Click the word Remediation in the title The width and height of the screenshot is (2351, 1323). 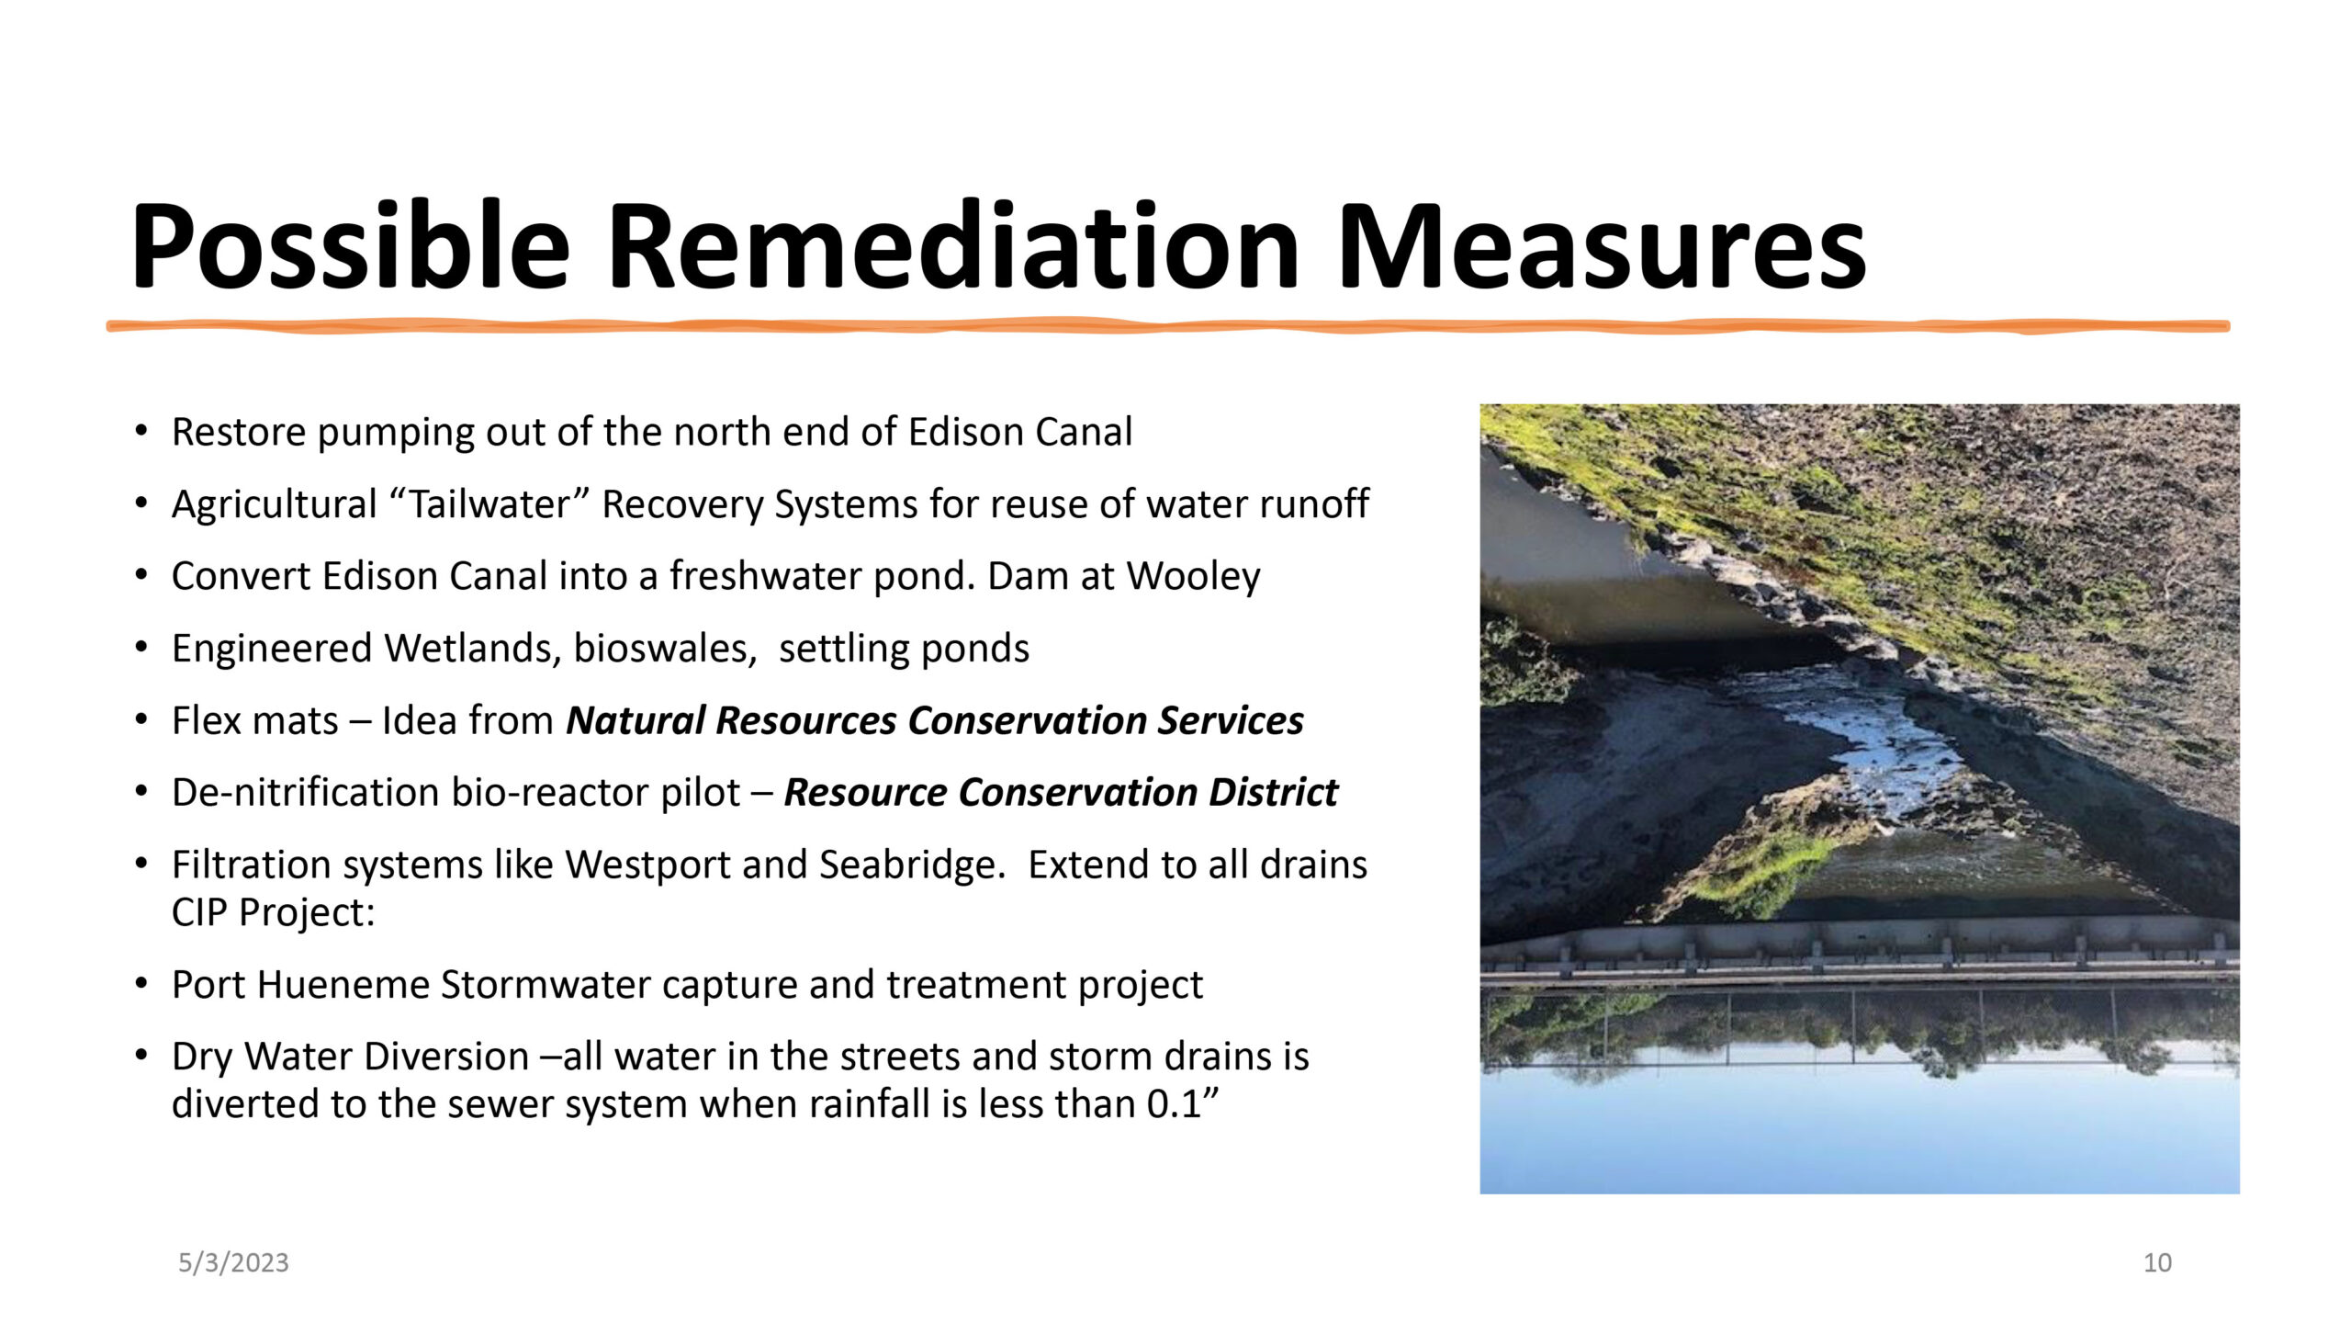click(x=953, y=246)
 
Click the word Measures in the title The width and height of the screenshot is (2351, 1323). click(x=1602, y=246)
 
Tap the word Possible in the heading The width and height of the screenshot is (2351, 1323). click(x=350, y=246)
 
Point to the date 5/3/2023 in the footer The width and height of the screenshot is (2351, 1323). click(x=233, y=1262)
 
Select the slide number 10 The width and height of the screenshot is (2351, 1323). click(x=2157, y=1262)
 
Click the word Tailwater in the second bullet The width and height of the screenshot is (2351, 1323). click(x=489, y=503)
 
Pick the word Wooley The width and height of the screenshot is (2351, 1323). click(x=1194, y=577)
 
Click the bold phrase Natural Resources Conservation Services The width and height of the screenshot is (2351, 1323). click(x=935, y=720)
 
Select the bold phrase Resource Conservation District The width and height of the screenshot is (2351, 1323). click(x=1061, y=792)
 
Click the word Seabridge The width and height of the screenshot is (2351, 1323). click(x=913, y=865)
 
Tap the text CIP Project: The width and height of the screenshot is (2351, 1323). click(x=274, y=912)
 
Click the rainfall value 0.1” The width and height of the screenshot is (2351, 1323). click(x=1183, y=1103)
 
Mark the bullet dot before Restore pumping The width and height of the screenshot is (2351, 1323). click(x=141, y=431)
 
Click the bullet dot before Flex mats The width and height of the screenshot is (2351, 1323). click(x=141, y=719)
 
